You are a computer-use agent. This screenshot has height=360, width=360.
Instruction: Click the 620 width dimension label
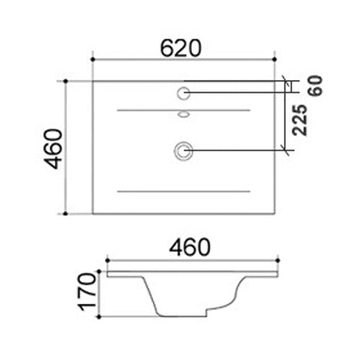tap(181, 48)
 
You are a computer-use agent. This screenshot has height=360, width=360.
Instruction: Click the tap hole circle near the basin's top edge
tap(183, 92)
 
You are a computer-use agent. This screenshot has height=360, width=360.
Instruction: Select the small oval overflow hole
tap(183, 114)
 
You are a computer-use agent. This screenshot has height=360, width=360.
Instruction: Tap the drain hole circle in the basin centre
tap(183, 150)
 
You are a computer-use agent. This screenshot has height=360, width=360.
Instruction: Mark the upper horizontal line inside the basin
tap(183, 110)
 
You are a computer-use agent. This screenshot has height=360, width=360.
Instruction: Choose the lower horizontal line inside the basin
tap(183, 192)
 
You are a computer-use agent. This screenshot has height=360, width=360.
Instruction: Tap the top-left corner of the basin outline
tap(93, 81)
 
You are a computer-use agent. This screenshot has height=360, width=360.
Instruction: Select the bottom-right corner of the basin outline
tap(274, 214)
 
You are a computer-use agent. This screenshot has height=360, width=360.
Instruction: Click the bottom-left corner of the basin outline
tap(93, 214)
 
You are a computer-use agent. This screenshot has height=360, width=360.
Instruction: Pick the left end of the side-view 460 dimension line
tap(107, 259)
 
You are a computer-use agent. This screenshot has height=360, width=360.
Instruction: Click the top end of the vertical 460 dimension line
tap(66, 81)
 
